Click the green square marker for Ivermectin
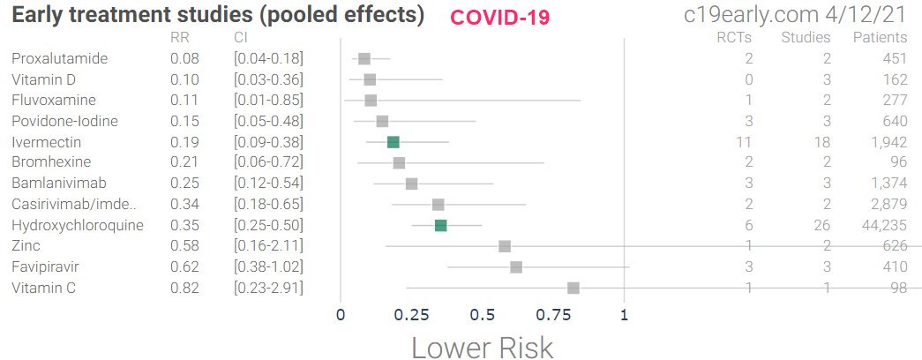[394, 142]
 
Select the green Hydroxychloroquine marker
[440, 226]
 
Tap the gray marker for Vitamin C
[573, 288]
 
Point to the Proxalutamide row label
[59, 58]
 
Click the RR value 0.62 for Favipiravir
[185, 267]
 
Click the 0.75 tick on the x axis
[552, 314]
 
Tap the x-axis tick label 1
[625, 314]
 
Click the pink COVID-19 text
[500, 17]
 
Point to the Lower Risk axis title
[482, 347]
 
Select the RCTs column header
[735, 37]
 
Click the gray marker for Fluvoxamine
[371, 101]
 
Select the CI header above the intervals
[241, 37]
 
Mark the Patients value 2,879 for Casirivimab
[885, 205]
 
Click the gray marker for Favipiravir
[516, 267]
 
